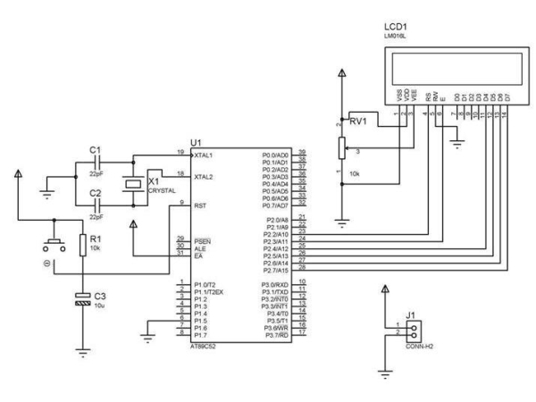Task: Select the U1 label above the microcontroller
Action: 197,142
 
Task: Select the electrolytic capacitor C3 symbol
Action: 83,300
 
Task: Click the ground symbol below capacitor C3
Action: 83,352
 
